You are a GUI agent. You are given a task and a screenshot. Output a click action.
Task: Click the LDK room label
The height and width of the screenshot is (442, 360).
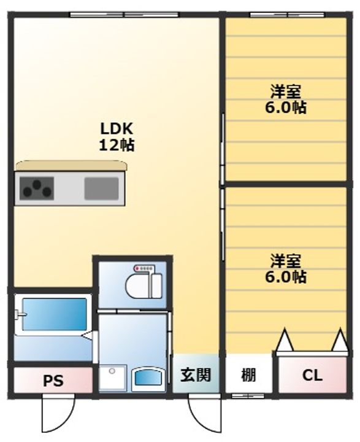[117, 129]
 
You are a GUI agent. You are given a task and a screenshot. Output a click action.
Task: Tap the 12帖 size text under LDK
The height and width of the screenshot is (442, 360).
[117, 145]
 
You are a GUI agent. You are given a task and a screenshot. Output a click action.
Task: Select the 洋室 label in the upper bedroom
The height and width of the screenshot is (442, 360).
[286, 91]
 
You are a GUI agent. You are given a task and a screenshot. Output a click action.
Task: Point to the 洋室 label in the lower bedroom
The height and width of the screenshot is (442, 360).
[286, 261]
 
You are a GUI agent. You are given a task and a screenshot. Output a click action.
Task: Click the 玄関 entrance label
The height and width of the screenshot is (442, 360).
[196, 375]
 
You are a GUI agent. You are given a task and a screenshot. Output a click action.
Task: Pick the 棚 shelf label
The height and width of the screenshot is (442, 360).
[248, 375]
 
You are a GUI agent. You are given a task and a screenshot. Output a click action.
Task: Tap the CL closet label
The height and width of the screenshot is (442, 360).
[312, 375]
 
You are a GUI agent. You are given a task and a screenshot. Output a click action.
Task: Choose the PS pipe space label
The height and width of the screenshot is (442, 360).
[53, 381]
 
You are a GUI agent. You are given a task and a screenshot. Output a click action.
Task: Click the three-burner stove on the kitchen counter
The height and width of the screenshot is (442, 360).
[37, 188]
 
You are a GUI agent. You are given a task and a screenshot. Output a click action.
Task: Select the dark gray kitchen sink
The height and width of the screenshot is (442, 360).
[101, 188]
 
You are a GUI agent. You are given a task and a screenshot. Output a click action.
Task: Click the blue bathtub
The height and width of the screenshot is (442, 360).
[55, 314]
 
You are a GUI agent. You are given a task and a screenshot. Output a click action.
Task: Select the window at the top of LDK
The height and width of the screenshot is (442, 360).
[124, 14]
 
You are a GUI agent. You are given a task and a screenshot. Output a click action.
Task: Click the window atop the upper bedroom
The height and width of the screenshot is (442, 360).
[287, 14]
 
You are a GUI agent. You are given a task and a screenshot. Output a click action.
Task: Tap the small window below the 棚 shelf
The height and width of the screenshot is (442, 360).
[248, 396]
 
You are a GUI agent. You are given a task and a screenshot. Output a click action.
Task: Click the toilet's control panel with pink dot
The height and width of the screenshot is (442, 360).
[144, 268]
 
